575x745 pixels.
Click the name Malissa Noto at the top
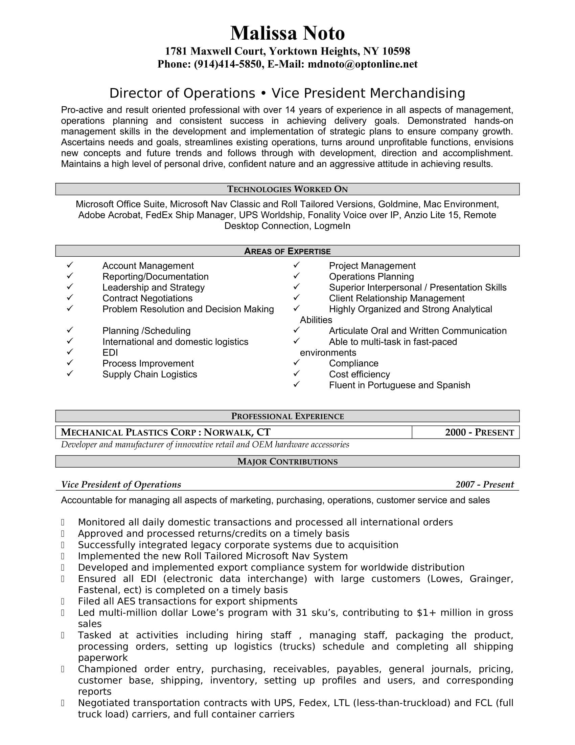[287, 34]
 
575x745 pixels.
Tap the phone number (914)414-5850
[228, 64]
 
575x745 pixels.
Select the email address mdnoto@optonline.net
[363, 64]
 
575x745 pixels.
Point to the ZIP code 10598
[396, 51]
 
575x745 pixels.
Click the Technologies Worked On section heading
[287, 189]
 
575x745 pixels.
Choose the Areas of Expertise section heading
[287, 251]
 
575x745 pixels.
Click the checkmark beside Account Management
[70, 265]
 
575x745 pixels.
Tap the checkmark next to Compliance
[296, 362]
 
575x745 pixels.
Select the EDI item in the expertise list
[110, 353]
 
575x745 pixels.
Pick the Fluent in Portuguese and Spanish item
[399, 385]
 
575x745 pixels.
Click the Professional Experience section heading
[287, 416]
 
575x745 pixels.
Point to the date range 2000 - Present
[479, 432]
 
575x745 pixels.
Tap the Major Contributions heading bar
[287, 462]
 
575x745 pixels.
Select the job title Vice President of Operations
[121, 485]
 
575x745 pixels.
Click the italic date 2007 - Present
[484, 485]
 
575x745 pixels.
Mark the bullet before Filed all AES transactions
[63, 601]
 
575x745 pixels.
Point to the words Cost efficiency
[359, 375]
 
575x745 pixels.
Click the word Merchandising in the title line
[417, 93]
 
